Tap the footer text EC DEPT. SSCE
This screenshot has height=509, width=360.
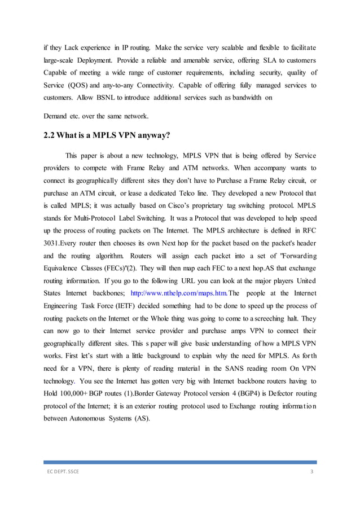click(63, 472)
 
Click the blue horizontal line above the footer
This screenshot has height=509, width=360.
click(180, 462)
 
